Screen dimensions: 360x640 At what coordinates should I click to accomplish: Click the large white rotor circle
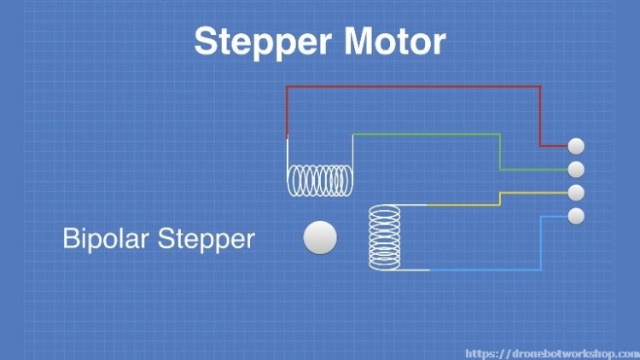pos(320,238)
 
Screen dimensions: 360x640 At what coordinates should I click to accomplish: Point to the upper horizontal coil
pos(320,179)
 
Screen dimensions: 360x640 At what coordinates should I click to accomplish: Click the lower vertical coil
pos(384,238)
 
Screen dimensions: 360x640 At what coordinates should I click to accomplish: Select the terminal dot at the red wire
pos(576,146)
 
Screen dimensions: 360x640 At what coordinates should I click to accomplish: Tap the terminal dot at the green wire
pos(576,169)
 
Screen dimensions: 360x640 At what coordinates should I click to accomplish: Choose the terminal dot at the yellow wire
pos(576,192)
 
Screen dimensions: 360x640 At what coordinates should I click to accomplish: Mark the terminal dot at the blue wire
pos(576,216)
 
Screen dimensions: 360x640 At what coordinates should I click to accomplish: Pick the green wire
pos(427,134)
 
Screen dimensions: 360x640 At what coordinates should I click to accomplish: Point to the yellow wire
pos(461,204)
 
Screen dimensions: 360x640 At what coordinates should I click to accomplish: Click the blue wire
pos(486,270)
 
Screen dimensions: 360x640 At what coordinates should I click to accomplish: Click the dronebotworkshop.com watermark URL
pos(550,351)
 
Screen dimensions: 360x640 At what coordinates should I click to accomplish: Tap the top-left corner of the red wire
pos(288,86)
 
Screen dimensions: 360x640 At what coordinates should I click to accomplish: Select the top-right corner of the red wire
pos(540,86)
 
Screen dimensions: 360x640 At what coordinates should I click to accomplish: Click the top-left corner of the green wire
pos(352,134)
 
